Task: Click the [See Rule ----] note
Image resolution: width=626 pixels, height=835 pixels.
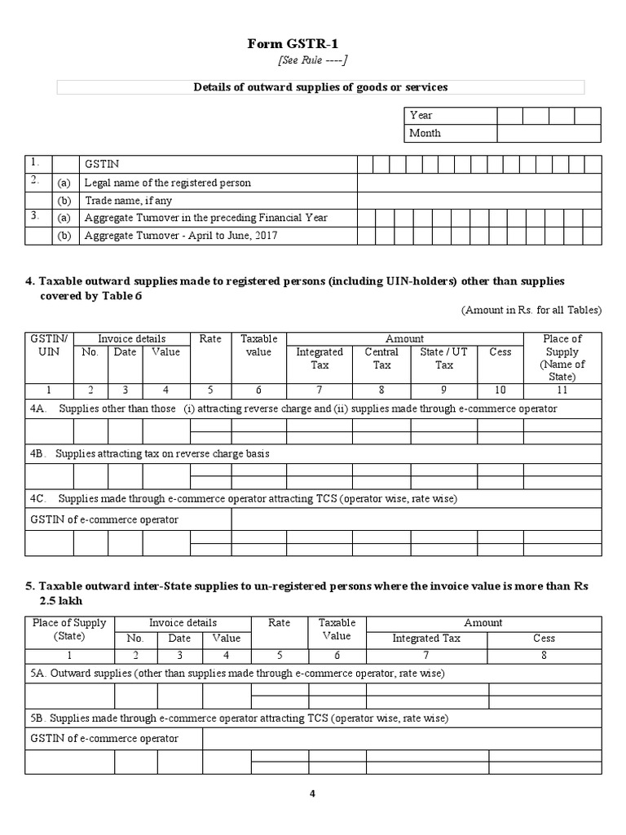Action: (x=313, y=61)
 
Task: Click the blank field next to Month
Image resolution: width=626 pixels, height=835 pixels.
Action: (x=549, y=133)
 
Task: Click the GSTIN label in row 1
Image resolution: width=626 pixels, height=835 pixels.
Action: (x=101, y=165)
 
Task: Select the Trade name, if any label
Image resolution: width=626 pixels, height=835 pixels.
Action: (x=128, y=201)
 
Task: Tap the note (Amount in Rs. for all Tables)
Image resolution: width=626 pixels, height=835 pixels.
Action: (x=531, y=310)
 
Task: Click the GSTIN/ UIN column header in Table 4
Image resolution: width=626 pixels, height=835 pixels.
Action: (x=49, y=345)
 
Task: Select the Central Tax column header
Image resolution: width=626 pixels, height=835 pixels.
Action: (x=381, y=359)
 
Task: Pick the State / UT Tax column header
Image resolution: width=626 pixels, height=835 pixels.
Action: (x=443, y=359)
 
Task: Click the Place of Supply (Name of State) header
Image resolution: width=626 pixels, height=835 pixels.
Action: (x=562, y=357)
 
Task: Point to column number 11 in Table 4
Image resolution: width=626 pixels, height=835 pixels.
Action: (x=562, y=391)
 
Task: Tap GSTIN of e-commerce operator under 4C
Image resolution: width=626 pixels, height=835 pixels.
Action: (x=104, y=519)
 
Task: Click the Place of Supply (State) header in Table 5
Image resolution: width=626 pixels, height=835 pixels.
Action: (x=68, y=629)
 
